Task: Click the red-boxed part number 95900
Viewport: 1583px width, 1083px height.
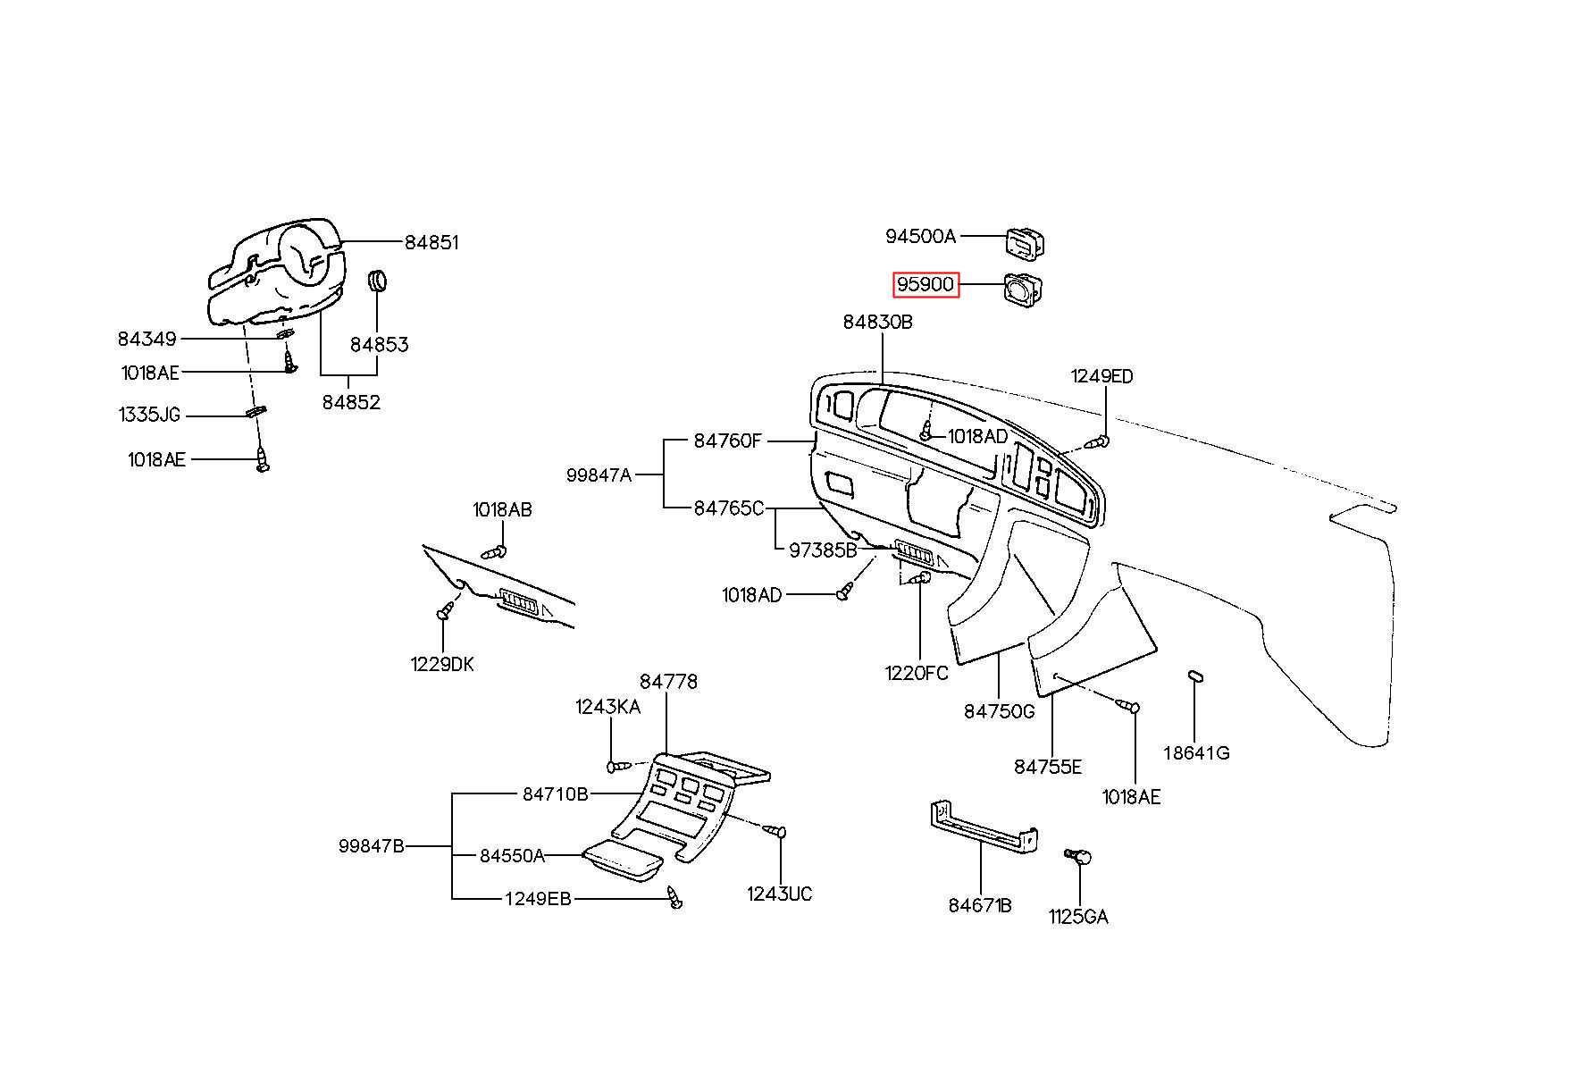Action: tap(926, 285)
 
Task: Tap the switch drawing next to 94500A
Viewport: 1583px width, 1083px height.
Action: tap(1026, 241)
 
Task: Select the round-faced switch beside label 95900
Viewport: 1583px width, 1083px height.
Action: tap(1024, 289)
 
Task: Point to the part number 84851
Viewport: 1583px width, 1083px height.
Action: tap(431, 242)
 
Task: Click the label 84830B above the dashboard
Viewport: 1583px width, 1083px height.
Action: tap(877, 322)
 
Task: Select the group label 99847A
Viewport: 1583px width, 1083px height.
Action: tap(599, 475)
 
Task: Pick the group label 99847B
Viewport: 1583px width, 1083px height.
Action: tap(372, 845)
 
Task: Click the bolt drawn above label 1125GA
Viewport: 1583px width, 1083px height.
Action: tap(1079, 858)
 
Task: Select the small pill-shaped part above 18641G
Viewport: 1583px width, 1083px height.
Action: tap(1195, 675)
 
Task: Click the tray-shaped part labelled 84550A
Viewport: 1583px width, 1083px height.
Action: tap(623, 860)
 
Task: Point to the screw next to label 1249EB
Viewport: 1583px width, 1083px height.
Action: tap(675, 898)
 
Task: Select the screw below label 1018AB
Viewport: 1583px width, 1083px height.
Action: tap(495, 551)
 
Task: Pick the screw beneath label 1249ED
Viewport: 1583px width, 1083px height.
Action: tap(1099, 441)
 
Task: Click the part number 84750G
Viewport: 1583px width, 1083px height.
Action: tap(999, 711)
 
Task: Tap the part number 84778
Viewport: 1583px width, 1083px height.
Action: tap(668, 681)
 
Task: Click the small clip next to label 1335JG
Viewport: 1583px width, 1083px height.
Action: tap(255, 411)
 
